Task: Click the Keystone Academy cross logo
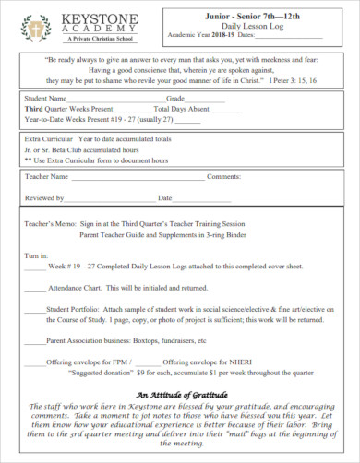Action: [x=34, y=28]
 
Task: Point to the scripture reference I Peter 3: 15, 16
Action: [x=302, y=79]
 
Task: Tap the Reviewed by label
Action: [x=44, y=197]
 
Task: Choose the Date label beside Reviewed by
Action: [x=164, y=197]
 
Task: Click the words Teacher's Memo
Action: [x=46, y=223]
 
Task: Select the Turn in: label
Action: [x=36, y=254]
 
